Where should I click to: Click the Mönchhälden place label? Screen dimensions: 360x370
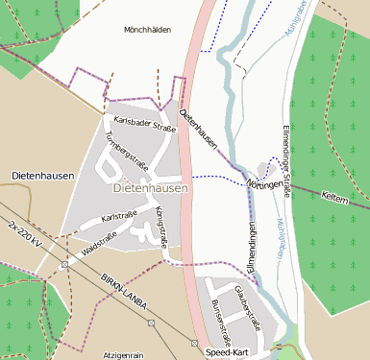pyautogui.click(x=147, y=30)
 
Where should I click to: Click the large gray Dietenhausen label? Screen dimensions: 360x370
pyautogui.click(x=150, y=189)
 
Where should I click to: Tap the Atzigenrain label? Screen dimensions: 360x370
pyautogui.click(x=123, y=354)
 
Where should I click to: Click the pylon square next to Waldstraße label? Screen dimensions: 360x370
pyautogui.click(x=64, y=263)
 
